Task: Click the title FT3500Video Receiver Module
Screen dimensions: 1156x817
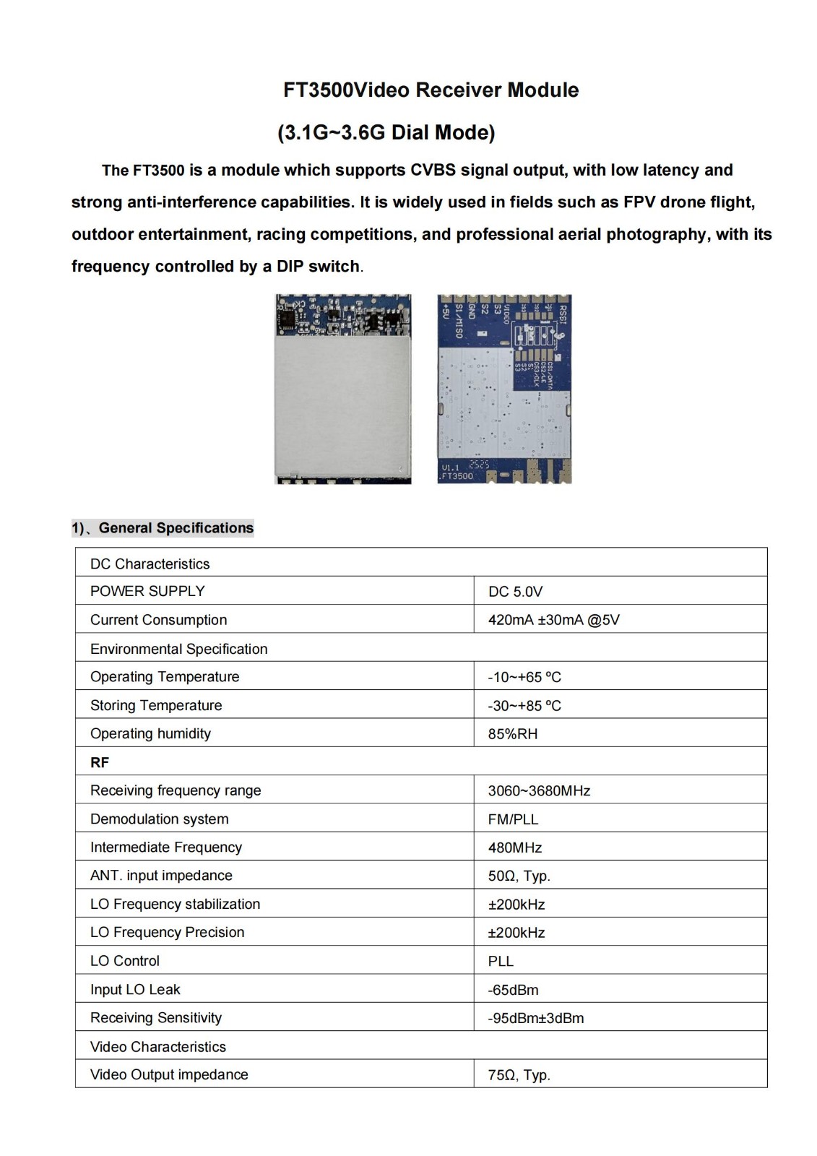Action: point(431,90)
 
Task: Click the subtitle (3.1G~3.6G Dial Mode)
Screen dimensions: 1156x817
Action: point(386,133)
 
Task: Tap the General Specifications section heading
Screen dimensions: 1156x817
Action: point(176,528)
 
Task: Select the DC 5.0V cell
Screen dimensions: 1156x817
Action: point(515,592)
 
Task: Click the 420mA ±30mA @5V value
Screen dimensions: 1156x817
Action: point(553,620)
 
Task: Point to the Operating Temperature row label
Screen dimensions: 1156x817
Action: point(165,677)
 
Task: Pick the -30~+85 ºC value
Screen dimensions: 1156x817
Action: point(524,706)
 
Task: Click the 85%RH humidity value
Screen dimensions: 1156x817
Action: point(512,734)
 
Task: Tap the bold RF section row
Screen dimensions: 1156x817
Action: point(100,762)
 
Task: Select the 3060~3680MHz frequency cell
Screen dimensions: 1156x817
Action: point(539,791)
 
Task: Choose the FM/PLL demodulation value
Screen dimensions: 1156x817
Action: point(513,819)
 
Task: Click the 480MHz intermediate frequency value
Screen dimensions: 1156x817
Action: point(514,847)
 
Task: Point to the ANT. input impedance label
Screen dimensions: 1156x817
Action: point(161,876)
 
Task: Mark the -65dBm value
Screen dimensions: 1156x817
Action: point(513,990)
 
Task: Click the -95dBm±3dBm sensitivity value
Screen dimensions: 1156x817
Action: point(535,1018)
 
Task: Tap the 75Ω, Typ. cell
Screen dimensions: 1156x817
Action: point(519,1075)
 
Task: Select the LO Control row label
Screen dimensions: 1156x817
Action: point(125,961)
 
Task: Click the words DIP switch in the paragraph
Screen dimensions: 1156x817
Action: point(318,267)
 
